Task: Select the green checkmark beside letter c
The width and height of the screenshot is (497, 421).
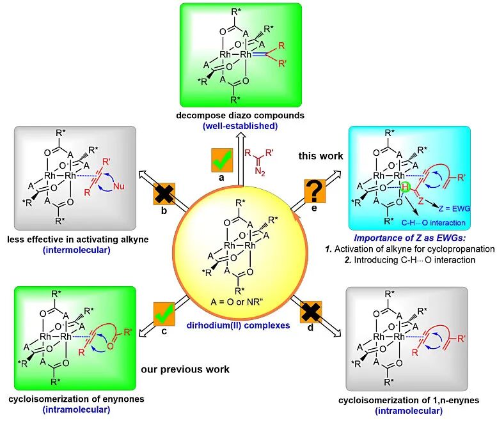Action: [x=163, y=313]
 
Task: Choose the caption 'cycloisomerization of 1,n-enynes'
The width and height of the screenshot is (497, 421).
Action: [x=409, y=401]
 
